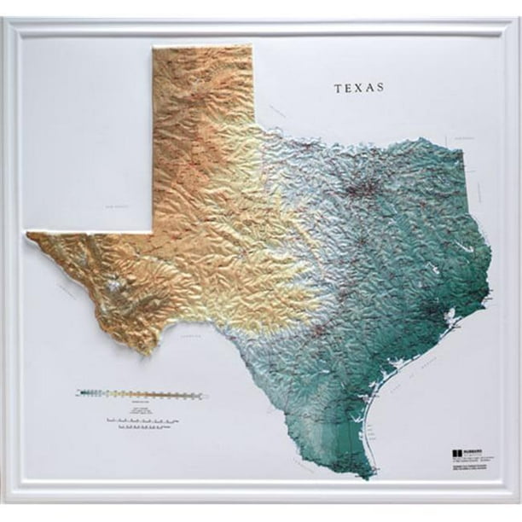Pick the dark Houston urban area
[443, 315]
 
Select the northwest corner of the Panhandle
[154, 48]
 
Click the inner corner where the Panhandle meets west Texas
[154, 231]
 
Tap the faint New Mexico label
[113, 206]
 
